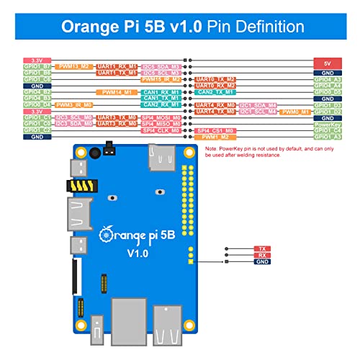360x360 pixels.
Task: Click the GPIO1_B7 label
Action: tap(37, 66)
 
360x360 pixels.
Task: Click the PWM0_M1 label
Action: tap(296, 112)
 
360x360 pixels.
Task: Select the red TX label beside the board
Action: tap(262, 248)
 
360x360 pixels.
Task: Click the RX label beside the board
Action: tap(262, 255)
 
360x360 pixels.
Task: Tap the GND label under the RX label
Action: tap(262, 261)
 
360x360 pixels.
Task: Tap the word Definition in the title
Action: tap(256, 27)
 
